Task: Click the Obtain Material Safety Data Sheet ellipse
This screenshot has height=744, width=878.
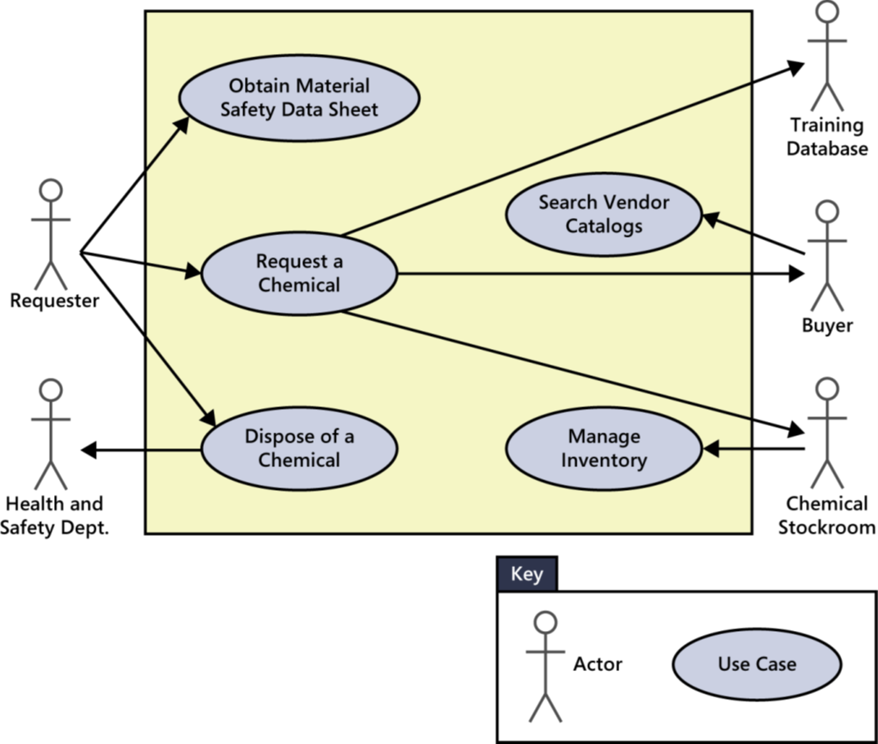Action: [x=299, y=98]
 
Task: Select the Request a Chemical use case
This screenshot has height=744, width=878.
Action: [x=298, y=274]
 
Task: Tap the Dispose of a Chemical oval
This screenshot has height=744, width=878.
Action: [x=298, y=448]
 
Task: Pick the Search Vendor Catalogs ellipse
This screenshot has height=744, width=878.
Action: [x=604, y=214]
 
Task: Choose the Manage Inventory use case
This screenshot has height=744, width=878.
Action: [x=604, y=449]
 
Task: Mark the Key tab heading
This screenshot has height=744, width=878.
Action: [x=527, y=574]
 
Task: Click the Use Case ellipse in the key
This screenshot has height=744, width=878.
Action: [x=757, y=664]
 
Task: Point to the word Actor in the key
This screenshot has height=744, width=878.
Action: [x=598, y=664]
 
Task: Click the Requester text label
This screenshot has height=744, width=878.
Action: [x=54, y=301]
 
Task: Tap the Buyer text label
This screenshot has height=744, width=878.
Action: [x=827, y=325]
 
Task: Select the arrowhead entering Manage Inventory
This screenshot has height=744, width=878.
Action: [x=709, y=449]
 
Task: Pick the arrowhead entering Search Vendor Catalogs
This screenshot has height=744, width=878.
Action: [x=710, y=218]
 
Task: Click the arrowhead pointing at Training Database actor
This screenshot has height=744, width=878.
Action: [x=797, y=68]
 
